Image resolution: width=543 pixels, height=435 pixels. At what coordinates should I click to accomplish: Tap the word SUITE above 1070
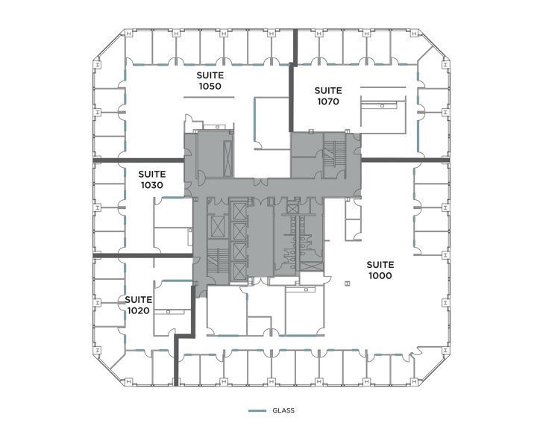tap(327, 90)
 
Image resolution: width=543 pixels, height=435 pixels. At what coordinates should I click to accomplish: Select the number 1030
tap(151, 185)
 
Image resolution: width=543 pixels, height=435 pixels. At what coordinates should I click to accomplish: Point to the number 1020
tap(140, 310)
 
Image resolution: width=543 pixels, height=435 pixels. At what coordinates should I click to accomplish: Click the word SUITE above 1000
tap(380, 264)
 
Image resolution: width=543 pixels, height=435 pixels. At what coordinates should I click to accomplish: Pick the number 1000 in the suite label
tap(380, 275)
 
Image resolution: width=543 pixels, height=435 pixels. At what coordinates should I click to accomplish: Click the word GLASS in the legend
tap(283, 410)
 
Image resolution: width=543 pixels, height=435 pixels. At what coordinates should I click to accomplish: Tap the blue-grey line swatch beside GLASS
tap(257, 410)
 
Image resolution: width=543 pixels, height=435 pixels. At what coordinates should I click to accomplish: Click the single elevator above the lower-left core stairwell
tap(216, 225)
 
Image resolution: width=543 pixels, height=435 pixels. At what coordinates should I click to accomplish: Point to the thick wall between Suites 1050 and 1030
tap(139, 160)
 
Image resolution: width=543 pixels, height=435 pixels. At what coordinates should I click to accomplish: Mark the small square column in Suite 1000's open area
tap(348, 282)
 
